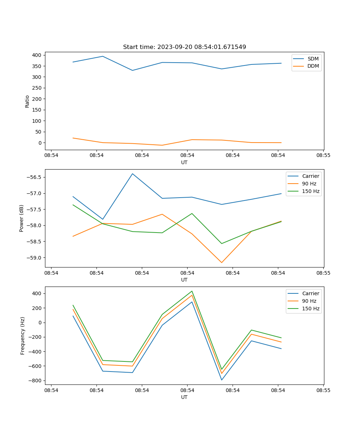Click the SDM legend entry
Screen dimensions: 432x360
[x=313, y=58]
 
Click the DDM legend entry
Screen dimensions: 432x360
[x=313, y=66]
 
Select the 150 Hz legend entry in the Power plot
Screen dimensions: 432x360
[x=311, y=191]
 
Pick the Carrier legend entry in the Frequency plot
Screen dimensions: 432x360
[x=311, y=293]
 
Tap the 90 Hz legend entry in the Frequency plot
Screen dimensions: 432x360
[x=309, y=301]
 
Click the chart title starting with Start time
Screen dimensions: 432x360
[x=184, y=47]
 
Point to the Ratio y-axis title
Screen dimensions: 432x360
[x=27, y=101]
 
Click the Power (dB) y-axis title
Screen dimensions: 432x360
[x=22, y=218]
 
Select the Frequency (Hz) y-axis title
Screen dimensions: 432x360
[x=22, y=336]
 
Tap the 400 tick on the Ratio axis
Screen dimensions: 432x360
[x=37, y=55]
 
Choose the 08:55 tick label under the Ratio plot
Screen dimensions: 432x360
[x=323, y=156]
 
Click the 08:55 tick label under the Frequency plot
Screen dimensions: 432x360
[x=323, y=390]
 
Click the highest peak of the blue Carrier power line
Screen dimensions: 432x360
[x=132, y=174]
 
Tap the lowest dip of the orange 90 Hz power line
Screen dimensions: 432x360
[x=221, y=262]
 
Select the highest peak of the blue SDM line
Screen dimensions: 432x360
[x=103, y=56]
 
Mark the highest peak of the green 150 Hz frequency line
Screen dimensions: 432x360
[x=192, y=291]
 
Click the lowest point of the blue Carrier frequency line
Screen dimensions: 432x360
[x=221, y=380]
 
